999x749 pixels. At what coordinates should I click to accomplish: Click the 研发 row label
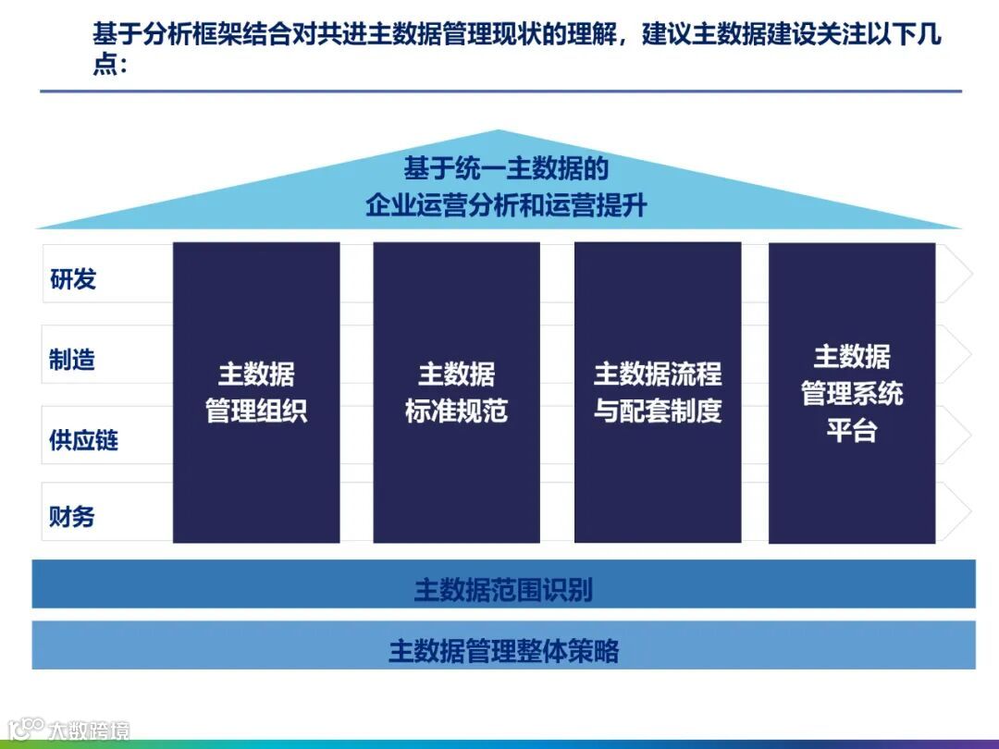73,279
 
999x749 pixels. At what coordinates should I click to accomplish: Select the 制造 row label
72,359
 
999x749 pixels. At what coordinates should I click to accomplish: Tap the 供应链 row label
83,439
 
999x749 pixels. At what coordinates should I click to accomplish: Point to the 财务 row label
72,516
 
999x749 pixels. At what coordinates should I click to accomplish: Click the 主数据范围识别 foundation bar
503,589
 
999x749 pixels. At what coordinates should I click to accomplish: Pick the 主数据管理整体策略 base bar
503,651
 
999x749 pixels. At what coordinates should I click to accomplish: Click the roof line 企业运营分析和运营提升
505,205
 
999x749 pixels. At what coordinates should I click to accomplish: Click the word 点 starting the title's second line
104,66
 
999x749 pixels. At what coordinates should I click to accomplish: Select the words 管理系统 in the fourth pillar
851,394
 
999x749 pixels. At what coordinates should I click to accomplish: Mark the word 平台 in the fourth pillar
851,431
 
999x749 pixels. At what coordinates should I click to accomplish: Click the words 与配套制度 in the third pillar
657,411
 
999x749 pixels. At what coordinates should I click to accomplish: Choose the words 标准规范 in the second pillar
456,411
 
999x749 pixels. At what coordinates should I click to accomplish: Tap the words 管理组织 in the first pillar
256,411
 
